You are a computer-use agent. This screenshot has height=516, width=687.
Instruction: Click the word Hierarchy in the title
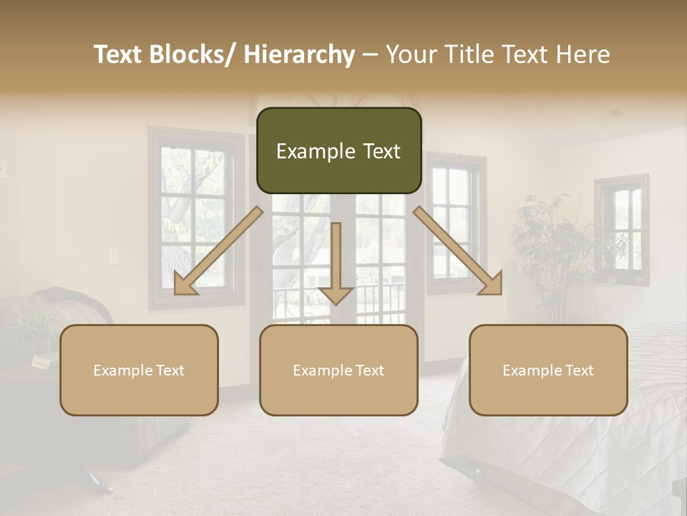click(298, 54)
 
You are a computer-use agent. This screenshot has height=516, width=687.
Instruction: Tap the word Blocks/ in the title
click(190, 54)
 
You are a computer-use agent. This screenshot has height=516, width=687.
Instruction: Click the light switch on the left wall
click(112, 257)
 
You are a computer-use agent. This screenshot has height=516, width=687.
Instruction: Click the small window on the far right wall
click(621, 229)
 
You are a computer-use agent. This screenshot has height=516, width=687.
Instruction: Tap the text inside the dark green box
click(338, 151)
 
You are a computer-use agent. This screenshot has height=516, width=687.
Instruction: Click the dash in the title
click(370, 54)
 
